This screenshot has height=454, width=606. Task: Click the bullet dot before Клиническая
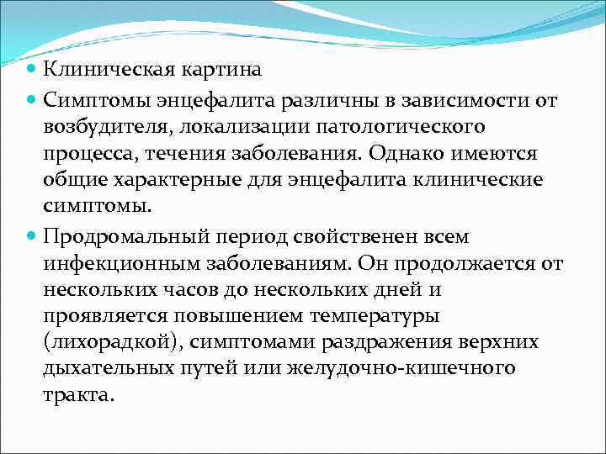pos(31,70)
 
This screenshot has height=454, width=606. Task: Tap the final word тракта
pos(78,395)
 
